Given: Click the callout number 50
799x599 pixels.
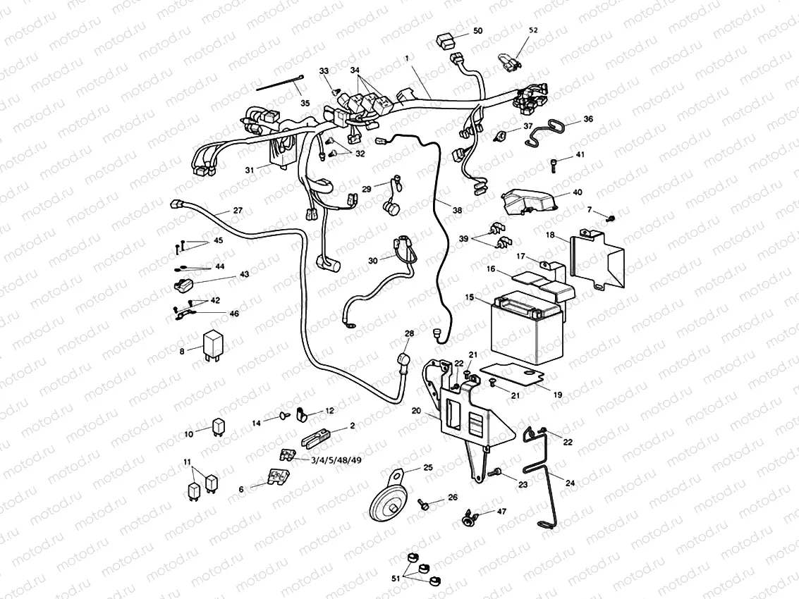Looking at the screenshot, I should (x=477, y=31).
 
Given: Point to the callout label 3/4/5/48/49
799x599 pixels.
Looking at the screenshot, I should (x=336, y=459).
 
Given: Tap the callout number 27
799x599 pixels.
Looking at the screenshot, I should (x=238, y=211).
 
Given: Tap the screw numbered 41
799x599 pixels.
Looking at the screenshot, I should (x=554, y=165).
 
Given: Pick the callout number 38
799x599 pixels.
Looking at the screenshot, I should (x=457, y=209).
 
